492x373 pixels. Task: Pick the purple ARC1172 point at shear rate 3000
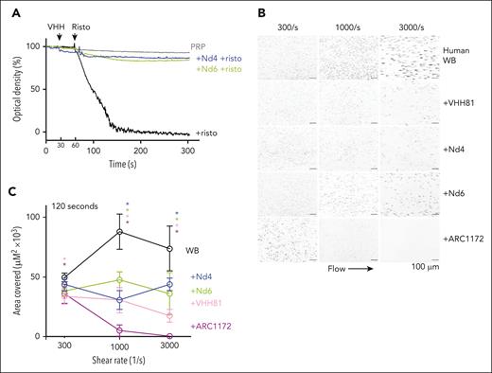167,336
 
